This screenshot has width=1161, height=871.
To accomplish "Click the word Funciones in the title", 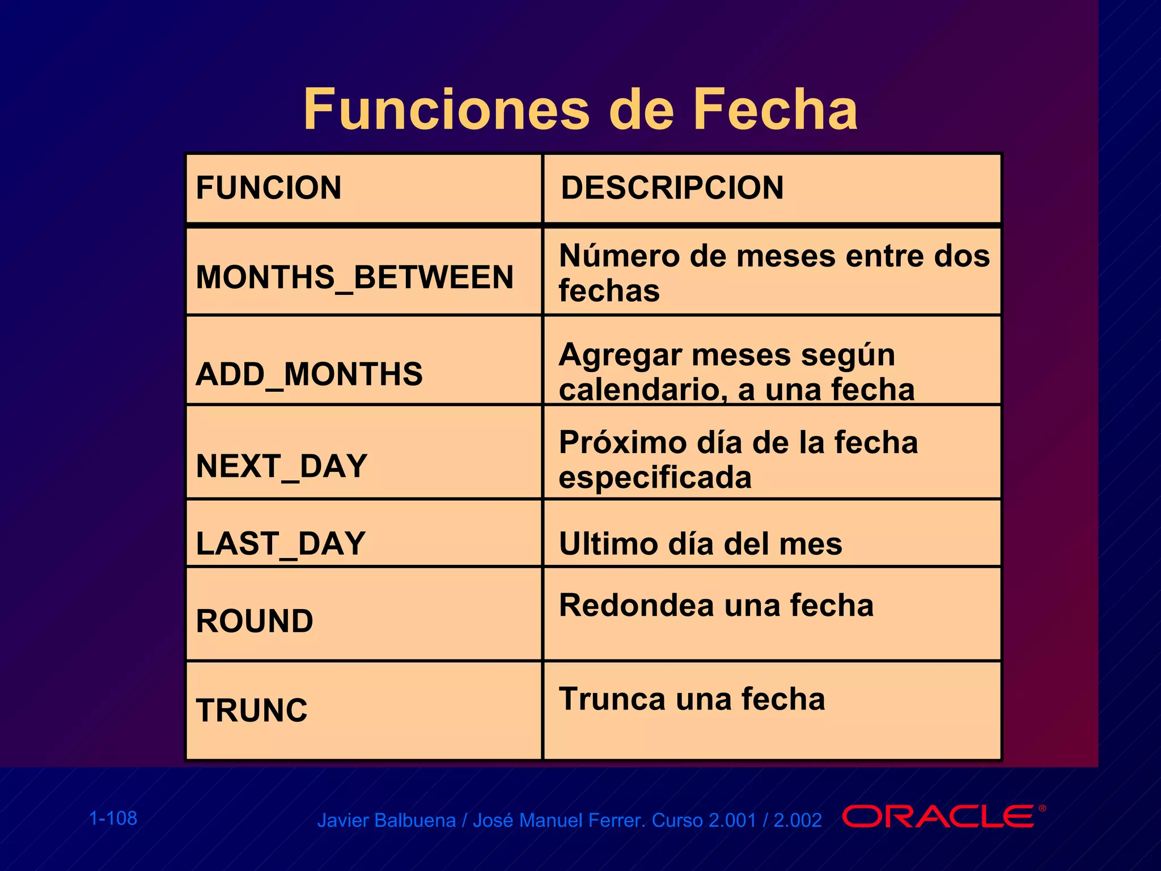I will (x=446, y=109).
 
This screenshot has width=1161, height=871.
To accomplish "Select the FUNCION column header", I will (x=269, y=188).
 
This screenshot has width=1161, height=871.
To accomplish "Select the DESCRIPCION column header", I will (x=672, y=188).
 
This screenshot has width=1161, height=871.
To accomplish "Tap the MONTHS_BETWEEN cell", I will (x=354, y=277).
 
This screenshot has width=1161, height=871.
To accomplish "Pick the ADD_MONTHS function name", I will (x=309, y=374).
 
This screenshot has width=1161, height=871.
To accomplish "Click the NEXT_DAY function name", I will (x=282, y=466).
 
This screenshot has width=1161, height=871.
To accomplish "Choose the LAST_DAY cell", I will (x=281, y=543).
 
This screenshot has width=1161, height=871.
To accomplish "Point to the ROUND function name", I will (x=255, y=621).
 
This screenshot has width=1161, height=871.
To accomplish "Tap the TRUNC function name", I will (x=252, y=710).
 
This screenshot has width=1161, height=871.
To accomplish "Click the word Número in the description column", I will (x=619, y=256).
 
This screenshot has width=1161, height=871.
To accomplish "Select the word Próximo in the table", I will (x=622, y=442).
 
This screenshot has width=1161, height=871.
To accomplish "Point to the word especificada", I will (x=655, y=477).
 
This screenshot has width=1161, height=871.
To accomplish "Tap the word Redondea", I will (x=636, y=605).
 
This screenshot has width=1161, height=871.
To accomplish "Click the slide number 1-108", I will (x=113, y=818).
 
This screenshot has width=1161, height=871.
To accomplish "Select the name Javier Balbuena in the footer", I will (x=386, y=821).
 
